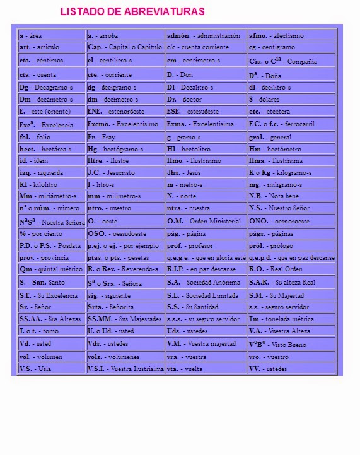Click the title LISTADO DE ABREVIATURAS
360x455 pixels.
pyautogui.click(x=132, y=12)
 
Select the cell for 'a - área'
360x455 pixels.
pyautogui.click(x=52, y=35)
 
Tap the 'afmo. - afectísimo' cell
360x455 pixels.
pyautogui.click(x=291, y=35)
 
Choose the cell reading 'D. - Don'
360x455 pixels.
pyautogui.click(x=206, y=74)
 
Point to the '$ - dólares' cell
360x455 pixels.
pyautogui.click(x=291, y=99)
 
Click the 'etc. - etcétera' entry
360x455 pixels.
pyautogui.click(x=291, y=111)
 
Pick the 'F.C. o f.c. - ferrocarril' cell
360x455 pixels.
pyautogui.click(x=291, y=124)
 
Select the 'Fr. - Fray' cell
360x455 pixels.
pyautogui.click(x=125, y=137)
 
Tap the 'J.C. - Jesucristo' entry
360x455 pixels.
pyautogui.click(x=125, y=172)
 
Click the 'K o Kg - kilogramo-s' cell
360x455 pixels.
pyautogui.click(x=291, y=172)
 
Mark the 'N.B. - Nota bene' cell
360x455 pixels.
pyautogui.click(x=291, y=196)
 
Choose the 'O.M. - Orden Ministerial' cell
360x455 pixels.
pyautogui.click(x=206, y=222)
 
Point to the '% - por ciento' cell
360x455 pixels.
pyautogui.click(x=52, y=233)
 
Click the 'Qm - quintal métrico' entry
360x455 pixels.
pyautogui.click(x=52, y=269)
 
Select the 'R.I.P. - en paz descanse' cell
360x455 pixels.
pyautogui.click(x=206, y=269)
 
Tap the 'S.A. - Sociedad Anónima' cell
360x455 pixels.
pyautogui.click(x=206, y=282)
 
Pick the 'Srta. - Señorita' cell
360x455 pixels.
pyautogui.click(x=125, y=307)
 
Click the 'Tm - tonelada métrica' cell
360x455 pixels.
pyautogui.click(x=291, y=319)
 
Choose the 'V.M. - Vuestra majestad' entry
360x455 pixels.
pyautogui.click(x=206, y=344)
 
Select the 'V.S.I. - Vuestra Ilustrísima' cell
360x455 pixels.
pyautogui.click(x=125, y=369)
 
